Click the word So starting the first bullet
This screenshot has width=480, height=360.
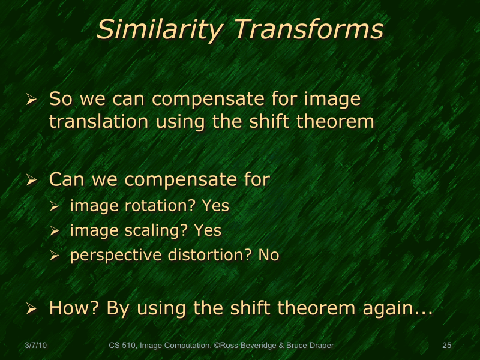(59, 98)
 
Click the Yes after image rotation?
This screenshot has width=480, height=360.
(215, 206)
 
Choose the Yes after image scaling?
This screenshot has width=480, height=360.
(208, 230)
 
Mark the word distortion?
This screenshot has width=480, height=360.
(209, 255)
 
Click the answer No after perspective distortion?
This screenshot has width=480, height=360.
(269, 255)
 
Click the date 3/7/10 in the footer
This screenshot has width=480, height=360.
(37, 345)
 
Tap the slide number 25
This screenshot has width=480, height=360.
(446, 345)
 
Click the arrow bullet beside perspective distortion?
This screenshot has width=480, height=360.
(55, 256)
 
